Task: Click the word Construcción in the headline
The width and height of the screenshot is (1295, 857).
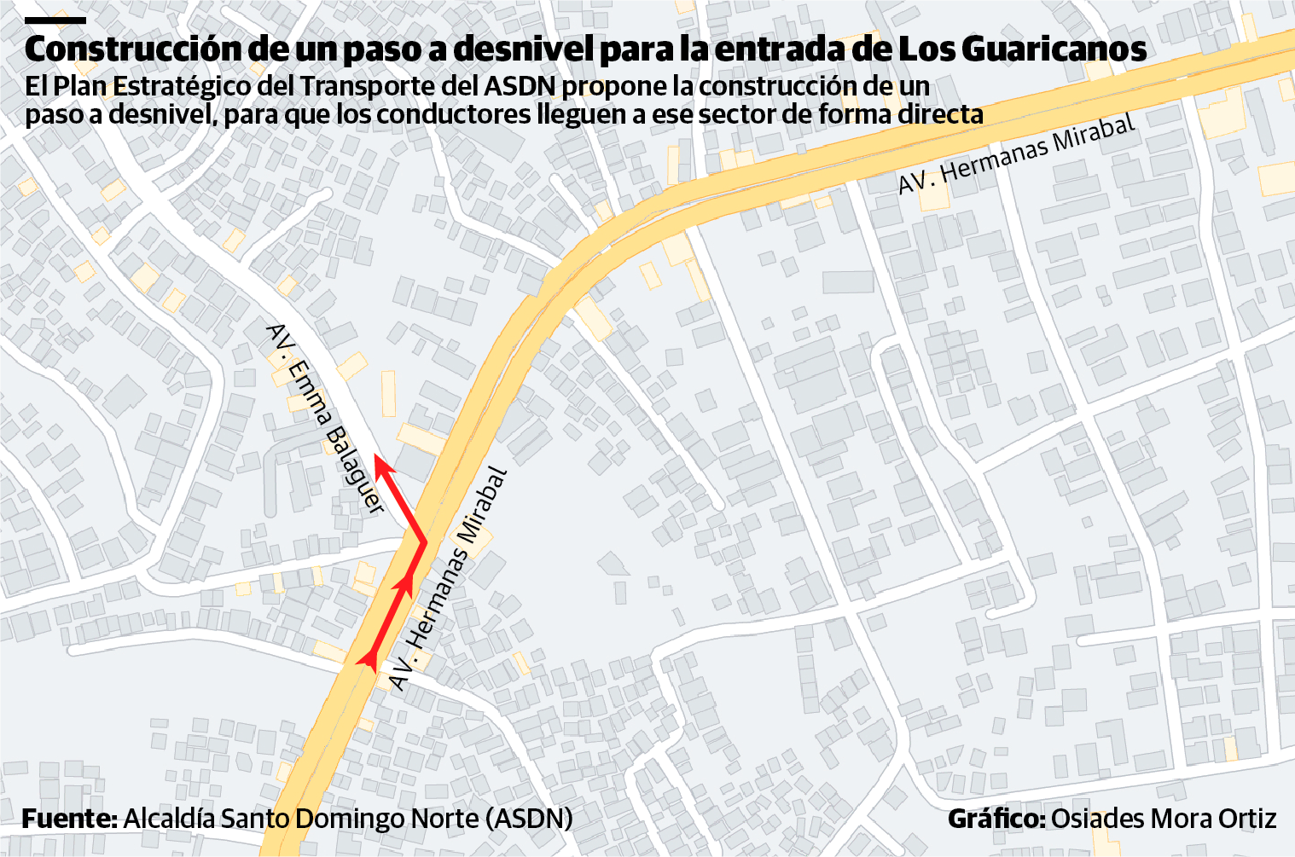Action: click(133, 49)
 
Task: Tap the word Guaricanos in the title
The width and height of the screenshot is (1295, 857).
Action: click(1054, 49)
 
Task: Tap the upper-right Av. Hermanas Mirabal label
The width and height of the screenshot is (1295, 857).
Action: click(1017, 153)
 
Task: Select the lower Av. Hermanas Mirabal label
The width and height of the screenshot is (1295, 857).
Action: click(449, 579)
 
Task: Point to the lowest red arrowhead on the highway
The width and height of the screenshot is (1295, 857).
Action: click(369, 656)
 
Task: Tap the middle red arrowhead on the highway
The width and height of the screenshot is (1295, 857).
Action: click(404, 584)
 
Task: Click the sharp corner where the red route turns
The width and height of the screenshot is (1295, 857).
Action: click(424, 541)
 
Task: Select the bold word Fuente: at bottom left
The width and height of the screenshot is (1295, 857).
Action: click(69, 819)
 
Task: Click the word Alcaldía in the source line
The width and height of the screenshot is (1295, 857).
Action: click(169, 819)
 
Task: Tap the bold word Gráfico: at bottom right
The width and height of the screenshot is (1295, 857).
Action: click(996, 819)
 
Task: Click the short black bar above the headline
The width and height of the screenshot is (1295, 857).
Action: click(55, 20)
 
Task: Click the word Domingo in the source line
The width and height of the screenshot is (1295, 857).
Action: click(352, 819)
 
